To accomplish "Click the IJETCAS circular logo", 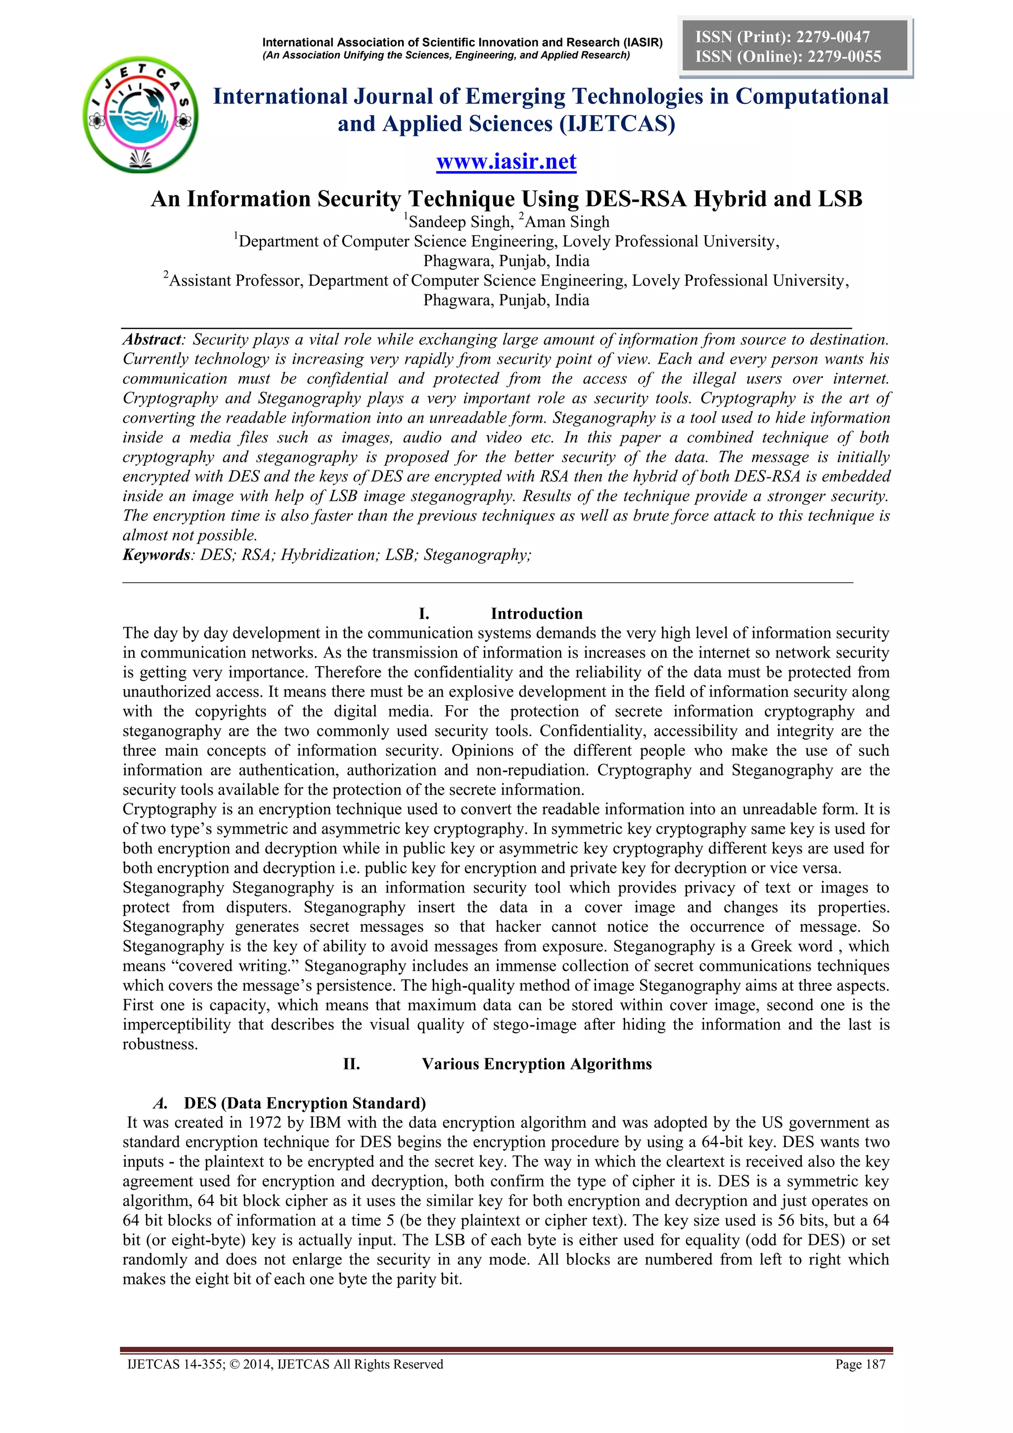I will point(141,115).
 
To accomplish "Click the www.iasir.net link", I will point(506,162).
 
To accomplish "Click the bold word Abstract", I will point(151,339).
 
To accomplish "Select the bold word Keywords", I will point(156,555).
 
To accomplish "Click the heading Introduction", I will point(537,614).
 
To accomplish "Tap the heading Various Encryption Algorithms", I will point(537,1064).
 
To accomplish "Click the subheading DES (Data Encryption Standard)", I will point(304,1103).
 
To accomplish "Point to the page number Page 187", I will point(860,1364).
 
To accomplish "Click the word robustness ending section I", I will point(160,1045).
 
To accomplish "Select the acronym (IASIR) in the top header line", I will point(643,43).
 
